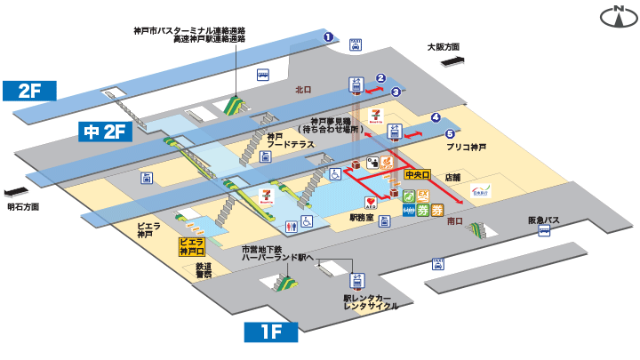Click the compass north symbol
point(612,15)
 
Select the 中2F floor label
point(106,132)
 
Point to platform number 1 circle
point(328,36)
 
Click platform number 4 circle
point(436,117)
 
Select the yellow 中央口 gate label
point(418,177)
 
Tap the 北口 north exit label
point(303,90)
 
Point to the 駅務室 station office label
point(361,217)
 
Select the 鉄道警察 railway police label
point(204,271)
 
